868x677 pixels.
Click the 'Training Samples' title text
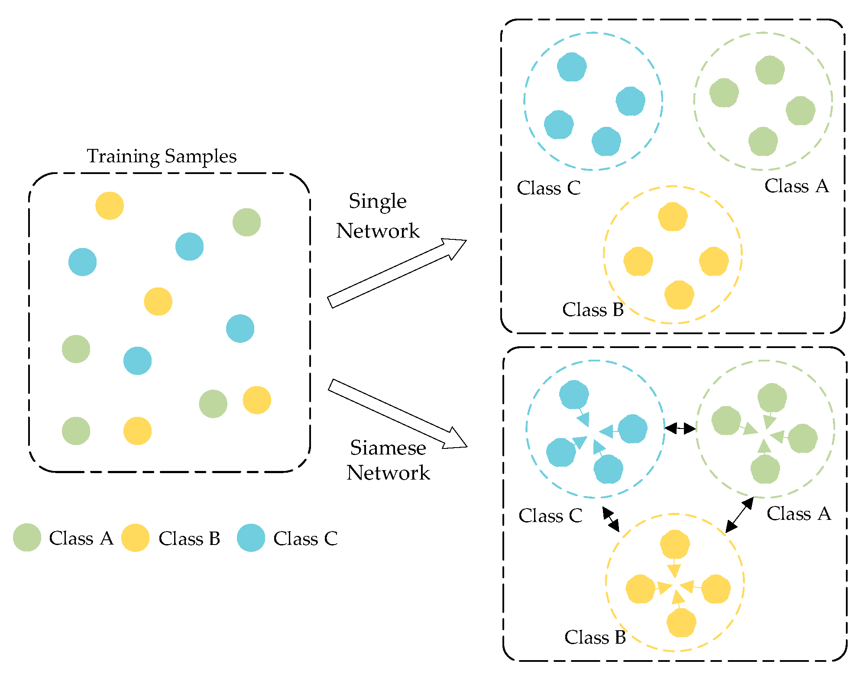pyautogui.click(x=162, y=156)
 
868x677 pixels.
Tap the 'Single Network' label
pyautogui.click(x=378, y=216)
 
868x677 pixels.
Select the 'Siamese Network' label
pyautogui.click(x=388, y=460)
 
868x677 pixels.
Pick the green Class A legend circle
pyautogui.click(x=27, y=538)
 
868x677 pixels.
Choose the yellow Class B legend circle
pyautogui.click(x=135, y=538)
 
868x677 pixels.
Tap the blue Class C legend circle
pyautogui.click(x=251, y=538)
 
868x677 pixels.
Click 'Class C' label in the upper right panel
pyautogui.click(x=548, y=188)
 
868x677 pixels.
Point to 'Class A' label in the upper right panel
pyautogui.click(x=796, y=186)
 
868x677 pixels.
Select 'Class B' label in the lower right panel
pyautogui.click(x=595, y=638)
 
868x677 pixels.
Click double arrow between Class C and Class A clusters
pyautogui.click(x=680, y=429)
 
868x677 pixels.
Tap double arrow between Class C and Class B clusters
pyautogui.click(x=611, y=519)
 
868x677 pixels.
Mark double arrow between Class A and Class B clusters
pyautogui.click(x=739, y=515)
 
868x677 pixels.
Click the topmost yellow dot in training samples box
pyautogui.click(x=110, y=206)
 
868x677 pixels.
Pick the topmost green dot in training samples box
pyautogui.click(x=246, y=222)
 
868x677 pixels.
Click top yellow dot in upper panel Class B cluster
pyautogui.click(x=672, y=216)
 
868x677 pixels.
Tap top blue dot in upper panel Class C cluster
pyautogui.click(x=572, y=67)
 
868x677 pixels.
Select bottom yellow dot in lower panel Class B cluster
pyautogui.click(x=681, y=622)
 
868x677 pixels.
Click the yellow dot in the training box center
pyautogui.click(x=158, y=301)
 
